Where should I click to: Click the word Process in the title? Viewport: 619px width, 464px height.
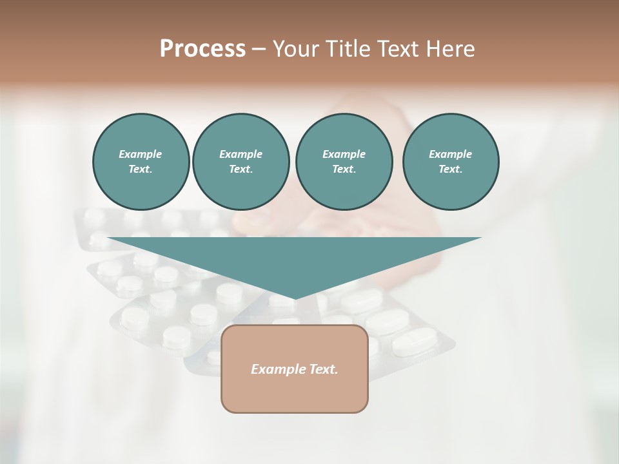click(x=202, y=49)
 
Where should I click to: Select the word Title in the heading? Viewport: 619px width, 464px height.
click(x=348, y=49)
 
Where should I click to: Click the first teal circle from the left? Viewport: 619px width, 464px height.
click(x=141, y=161)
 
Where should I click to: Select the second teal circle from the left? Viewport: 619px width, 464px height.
click(x=241, y=161)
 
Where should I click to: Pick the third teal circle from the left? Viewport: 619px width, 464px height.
click(x=344, y=161)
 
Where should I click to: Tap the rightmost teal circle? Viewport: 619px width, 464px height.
click(x=451, y=161)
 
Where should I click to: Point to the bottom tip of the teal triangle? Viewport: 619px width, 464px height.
click(x=295, y=298)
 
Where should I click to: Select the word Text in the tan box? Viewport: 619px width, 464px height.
click(x=324, y=369)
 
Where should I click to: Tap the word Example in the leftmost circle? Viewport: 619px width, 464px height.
click(x=141, y=154)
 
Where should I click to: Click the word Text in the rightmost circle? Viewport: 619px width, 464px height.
click(x=450, y=169)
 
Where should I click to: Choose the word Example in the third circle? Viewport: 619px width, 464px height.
click(x=344, y=154)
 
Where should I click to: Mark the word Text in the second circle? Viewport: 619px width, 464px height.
click(x=240, y=169)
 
